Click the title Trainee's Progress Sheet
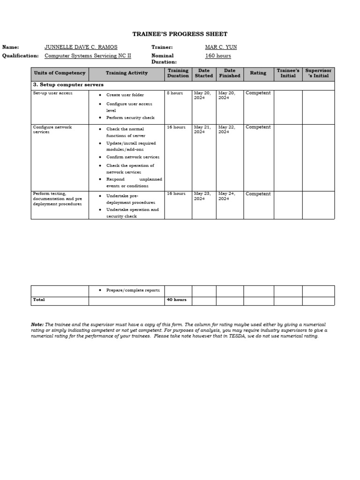(x=180, y=34)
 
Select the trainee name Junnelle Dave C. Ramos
(x=81, y=47)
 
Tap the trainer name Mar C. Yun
(x=221, y=47)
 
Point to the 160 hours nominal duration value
(x=218, y=56)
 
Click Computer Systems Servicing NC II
(x=88, y=56)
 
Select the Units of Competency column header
(x=60, y=73)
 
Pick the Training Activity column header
(x=127, y=73)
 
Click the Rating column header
(x=258, y=73)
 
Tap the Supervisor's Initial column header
(x=318, y=73)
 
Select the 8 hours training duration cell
(x=175, y=93)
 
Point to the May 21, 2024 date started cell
(x=203, y=129)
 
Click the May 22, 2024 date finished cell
(x=227, y=129)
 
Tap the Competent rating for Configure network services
(x=258, y=127)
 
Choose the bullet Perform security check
(x=130, y=118)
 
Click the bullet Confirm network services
(x=133, y=157)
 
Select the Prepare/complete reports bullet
(x=133, y=291)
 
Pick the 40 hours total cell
(x=176, y=300)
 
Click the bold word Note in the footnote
(x=37, y=324)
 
